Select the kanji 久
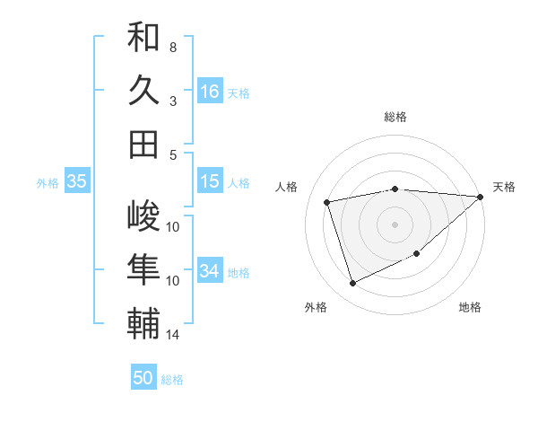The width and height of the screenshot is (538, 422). pos(143,91)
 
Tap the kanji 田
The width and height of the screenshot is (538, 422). pos(143,145)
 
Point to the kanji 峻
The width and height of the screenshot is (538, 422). pos(143,216)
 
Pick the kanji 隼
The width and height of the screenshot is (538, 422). pos(143,270)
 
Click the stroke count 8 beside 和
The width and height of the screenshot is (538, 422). pos(173,47)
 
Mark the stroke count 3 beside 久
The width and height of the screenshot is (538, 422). pos(173,101)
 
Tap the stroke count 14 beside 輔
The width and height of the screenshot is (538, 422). pos(173,335)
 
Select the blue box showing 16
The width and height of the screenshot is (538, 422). pos(210,92)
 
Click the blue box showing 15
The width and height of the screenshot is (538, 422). pos(210,181)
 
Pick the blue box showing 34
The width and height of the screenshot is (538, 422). pos(210,271)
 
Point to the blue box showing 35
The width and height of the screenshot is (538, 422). pos(76,181)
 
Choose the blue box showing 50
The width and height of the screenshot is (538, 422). pos(143,378)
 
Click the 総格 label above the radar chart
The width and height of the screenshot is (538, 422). pos(395,117)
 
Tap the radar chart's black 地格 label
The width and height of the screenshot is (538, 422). pos(470,307)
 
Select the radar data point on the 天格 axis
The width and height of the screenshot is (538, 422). pos(481,197)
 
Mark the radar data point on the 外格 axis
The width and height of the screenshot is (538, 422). pos(352,284)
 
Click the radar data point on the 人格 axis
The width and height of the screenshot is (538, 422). pos(327,202)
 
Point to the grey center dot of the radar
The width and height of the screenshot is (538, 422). pos(395,224)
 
